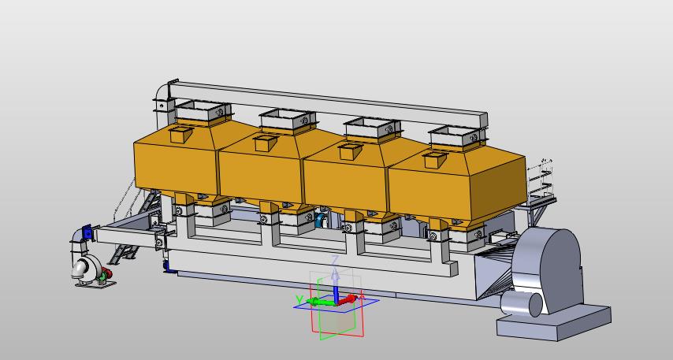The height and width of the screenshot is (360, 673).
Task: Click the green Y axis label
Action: click(299, 299)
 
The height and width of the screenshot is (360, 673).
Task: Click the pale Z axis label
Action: click(335, 260)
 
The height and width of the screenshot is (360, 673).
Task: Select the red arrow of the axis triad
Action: click(348, 299)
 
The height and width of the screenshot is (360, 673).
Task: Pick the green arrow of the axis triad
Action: click(321, 302)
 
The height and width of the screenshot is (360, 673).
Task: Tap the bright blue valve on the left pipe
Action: click(87, 232)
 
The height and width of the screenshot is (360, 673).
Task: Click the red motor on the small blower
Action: click(106, 273)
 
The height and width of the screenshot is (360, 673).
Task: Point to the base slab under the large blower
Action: click(554, 323)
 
